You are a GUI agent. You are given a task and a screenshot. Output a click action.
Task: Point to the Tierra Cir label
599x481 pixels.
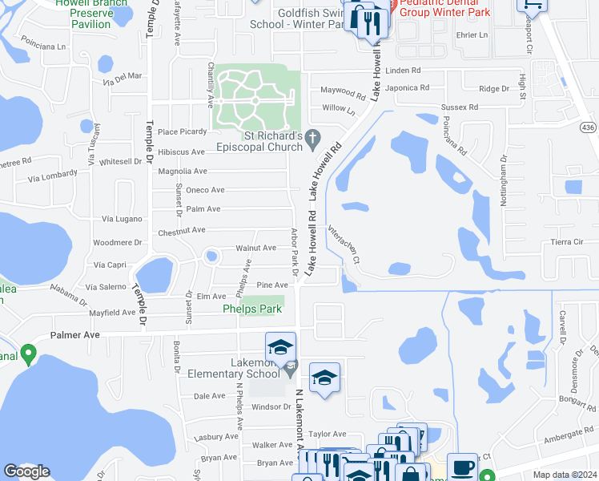pyautogui.click(x=566, y=241)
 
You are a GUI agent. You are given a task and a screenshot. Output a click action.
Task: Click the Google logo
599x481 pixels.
pyautogui.click(x=26, y=471)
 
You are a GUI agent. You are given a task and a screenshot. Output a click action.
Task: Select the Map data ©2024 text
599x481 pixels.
pyautogui.click(x=565, y=475)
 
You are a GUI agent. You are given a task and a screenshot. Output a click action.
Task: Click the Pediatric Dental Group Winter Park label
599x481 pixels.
pyautogui.click(x=444, y=8)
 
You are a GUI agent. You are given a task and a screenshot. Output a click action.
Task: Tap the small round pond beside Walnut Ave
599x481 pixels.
pyautogui.click(x=211, y=257)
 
